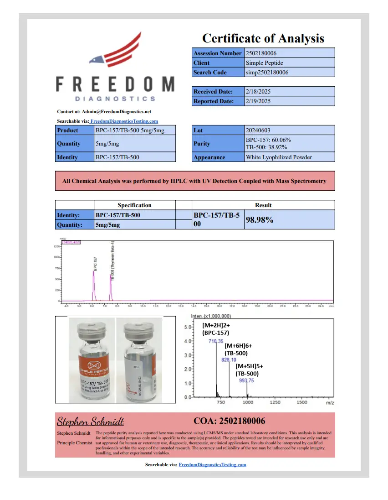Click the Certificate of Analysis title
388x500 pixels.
(x=263, y=38)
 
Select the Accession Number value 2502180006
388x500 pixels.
(x=261, y=53)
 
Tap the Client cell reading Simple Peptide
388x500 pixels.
(x=264, y=63)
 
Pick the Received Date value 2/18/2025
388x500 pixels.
(x=258, y=91)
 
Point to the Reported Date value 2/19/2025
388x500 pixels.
(x=258, y=101)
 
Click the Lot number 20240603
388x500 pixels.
(x=258, y=130)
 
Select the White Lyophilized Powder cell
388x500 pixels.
(x=279, y=157)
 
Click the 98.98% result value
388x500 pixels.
(x=260, y=220)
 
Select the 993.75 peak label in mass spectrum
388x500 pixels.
(x=246, y=380)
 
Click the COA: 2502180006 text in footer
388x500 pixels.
(x=229, y=421)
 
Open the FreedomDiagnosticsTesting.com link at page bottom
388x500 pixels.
(x=212, y=464)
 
